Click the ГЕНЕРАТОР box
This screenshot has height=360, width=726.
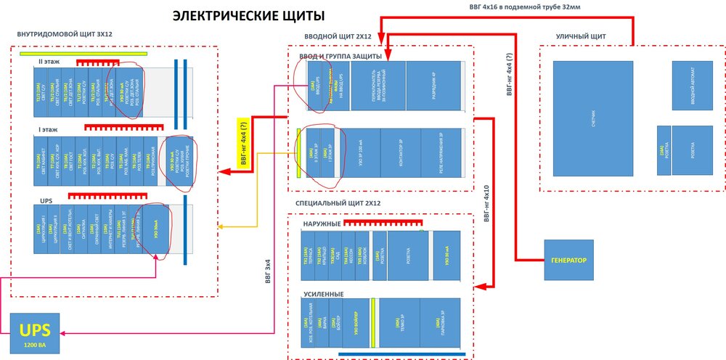click(568, 260)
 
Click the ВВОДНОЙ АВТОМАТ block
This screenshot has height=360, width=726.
click(692, 86)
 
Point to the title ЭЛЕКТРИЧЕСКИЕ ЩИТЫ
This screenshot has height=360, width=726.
click(248, 15)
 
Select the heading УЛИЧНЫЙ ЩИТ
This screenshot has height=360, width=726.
click(581, 36)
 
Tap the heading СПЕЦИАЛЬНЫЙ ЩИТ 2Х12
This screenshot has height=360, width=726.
click(335, 203)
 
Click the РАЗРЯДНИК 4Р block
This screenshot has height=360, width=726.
click(433, 86)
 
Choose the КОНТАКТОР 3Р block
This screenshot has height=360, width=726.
click(401, 154)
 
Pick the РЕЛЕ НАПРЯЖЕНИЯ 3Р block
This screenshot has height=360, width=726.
click(441, 154)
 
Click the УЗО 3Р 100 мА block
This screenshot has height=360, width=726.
click(359, 154)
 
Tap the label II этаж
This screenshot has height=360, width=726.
click(49, 62)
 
